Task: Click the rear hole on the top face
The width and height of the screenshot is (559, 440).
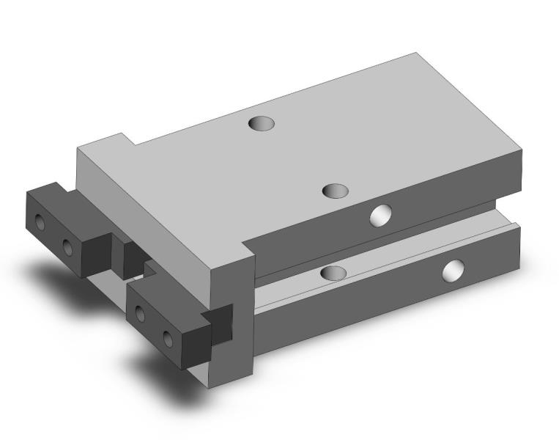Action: [x=262, y=123]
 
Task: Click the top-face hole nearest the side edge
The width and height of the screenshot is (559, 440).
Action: [x=336, y=191]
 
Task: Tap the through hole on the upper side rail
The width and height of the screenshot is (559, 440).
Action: [x=380, y=215]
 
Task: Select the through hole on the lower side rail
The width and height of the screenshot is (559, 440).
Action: [x=454, y=271]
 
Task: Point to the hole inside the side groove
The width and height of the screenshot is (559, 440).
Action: [x=333, y=273]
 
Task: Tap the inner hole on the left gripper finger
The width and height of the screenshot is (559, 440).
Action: [x=68, y=247]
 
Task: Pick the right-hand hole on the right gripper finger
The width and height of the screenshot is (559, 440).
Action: [x=168, y=337]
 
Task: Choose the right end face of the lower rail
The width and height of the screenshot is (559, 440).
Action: [x=519, y=249]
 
